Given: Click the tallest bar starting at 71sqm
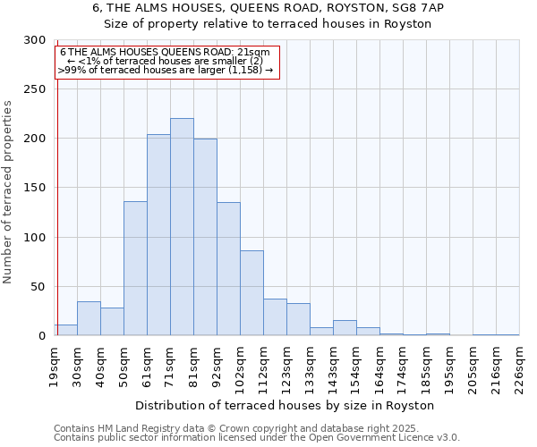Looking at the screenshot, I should pos(182,227).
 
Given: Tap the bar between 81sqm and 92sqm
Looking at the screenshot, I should pos(205,237).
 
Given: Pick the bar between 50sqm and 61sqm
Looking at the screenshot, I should pos(135,268).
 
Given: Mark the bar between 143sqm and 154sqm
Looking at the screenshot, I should pos(345,328).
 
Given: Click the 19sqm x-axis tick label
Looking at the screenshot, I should pos(55,366).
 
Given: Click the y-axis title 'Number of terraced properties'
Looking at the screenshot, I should pos(9,191).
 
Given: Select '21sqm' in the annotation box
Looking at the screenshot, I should pos(254,52).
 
